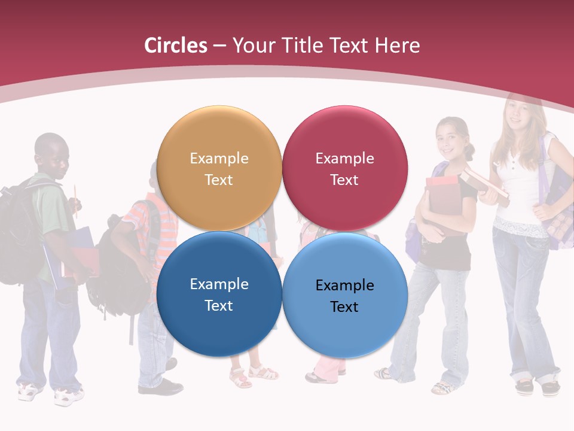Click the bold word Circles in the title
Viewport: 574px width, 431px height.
coord(176,45)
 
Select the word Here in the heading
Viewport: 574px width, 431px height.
coord(397,45)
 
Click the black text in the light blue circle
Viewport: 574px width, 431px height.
coord(344,296)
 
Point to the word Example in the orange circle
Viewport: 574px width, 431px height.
coord(219,159)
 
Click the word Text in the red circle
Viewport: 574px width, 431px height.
coord(344,180)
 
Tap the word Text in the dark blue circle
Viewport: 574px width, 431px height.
coord(219,306)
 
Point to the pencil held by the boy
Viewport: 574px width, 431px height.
coord(76,198)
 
